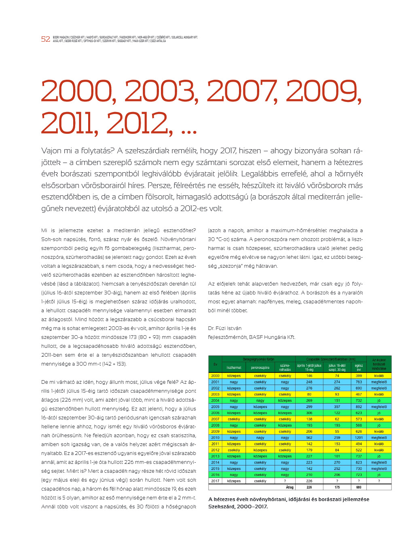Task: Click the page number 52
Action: tap(46, 39)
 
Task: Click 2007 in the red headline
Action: tap(241, 91)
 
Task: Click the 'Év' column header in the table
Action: tap(215, 364)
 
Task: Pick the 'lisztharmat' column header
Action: tap(234, 368)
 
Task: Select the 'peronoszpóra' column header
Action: tap(260, 368)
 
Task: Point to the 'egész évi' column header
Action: tap(359, 367)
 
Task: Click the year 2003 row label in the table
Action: tap(215, 394)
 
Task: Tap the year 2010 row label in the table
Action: tap(215, 438)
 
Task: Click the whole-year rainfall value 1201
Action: tap(359, 438)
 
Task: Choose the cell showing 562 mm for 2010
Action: tap(309, 438)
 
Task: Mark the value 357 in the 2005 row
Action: tap(337, 407)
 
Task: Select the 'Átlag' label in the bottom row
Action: tap(290, 487)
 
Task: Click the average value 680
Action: tap(359, 487)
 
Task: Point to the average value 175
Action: tap(337, 487)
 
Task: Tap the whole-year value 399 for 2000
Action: tap(359, 376)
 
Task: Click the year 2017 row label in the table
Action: tap(215, 481)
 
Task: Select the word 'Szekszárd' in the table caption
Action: tap(222, 506)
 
